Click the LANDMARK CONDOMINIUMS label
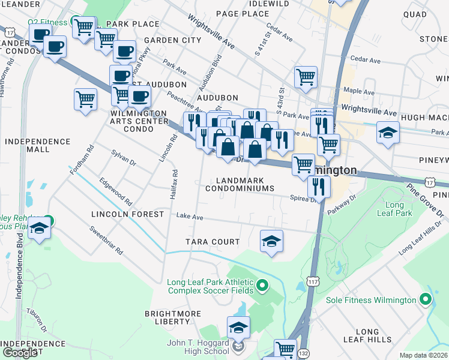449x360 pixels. tap(240, 184)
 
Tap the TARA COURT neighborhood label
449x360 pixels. tap(212, 242)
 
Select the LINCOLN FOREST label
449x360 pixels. tap(127, 214)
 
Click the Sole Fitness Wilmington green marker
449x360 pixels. tap(426, 299)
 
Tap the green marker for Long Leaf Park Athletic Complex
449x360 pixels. tap(262, 284)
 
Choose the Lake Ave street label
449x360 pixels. tap(190, 217)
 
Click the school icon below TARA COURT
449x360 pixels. tap(271, 241)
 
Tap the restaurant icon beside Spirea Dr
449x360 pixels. tap(319, 187)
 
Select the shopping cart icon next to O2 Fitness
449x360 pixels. tap(83, 25)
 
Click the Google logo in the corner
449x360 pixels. tap(20, 353)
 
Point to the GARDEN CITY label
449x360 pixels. tap(172, 40)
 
